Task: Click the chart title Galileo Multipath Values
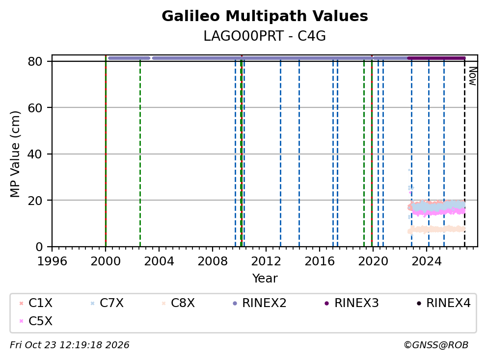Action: [265, 16]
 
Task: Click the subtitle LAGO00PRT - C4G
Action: [265, 36]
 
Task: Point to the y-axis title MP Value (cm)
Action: [15, 154]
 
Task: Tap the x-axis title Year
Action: [265, 279]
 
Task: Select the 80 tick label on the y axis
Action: [35, 61]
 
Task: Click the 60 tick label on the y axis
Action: [35, 108]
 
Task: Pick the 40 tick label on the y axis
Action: [35, 154]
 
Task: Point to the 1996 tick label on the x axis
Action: [52, 261]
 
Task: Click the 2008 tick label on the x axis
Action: [213, 261]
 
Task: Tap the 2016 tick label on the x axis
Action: [320, 261]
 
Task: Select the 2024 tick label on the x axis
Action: [427, 261]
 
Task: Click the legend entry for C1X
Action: [36, 303]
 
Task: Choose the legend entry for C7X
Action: [107, 303]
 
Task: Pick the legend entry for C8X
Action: [178, 303]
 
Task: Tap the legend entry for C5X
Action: [36, 321]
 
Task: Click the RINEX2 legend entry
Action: [259, 303]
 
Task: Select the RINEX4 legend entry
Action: [443, 303]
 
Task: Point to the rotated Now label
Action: [473, 76]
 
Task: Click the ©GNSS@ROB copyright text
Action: [436, 345]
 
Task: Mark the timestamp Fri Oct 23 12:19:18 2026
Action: [70, 345]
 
